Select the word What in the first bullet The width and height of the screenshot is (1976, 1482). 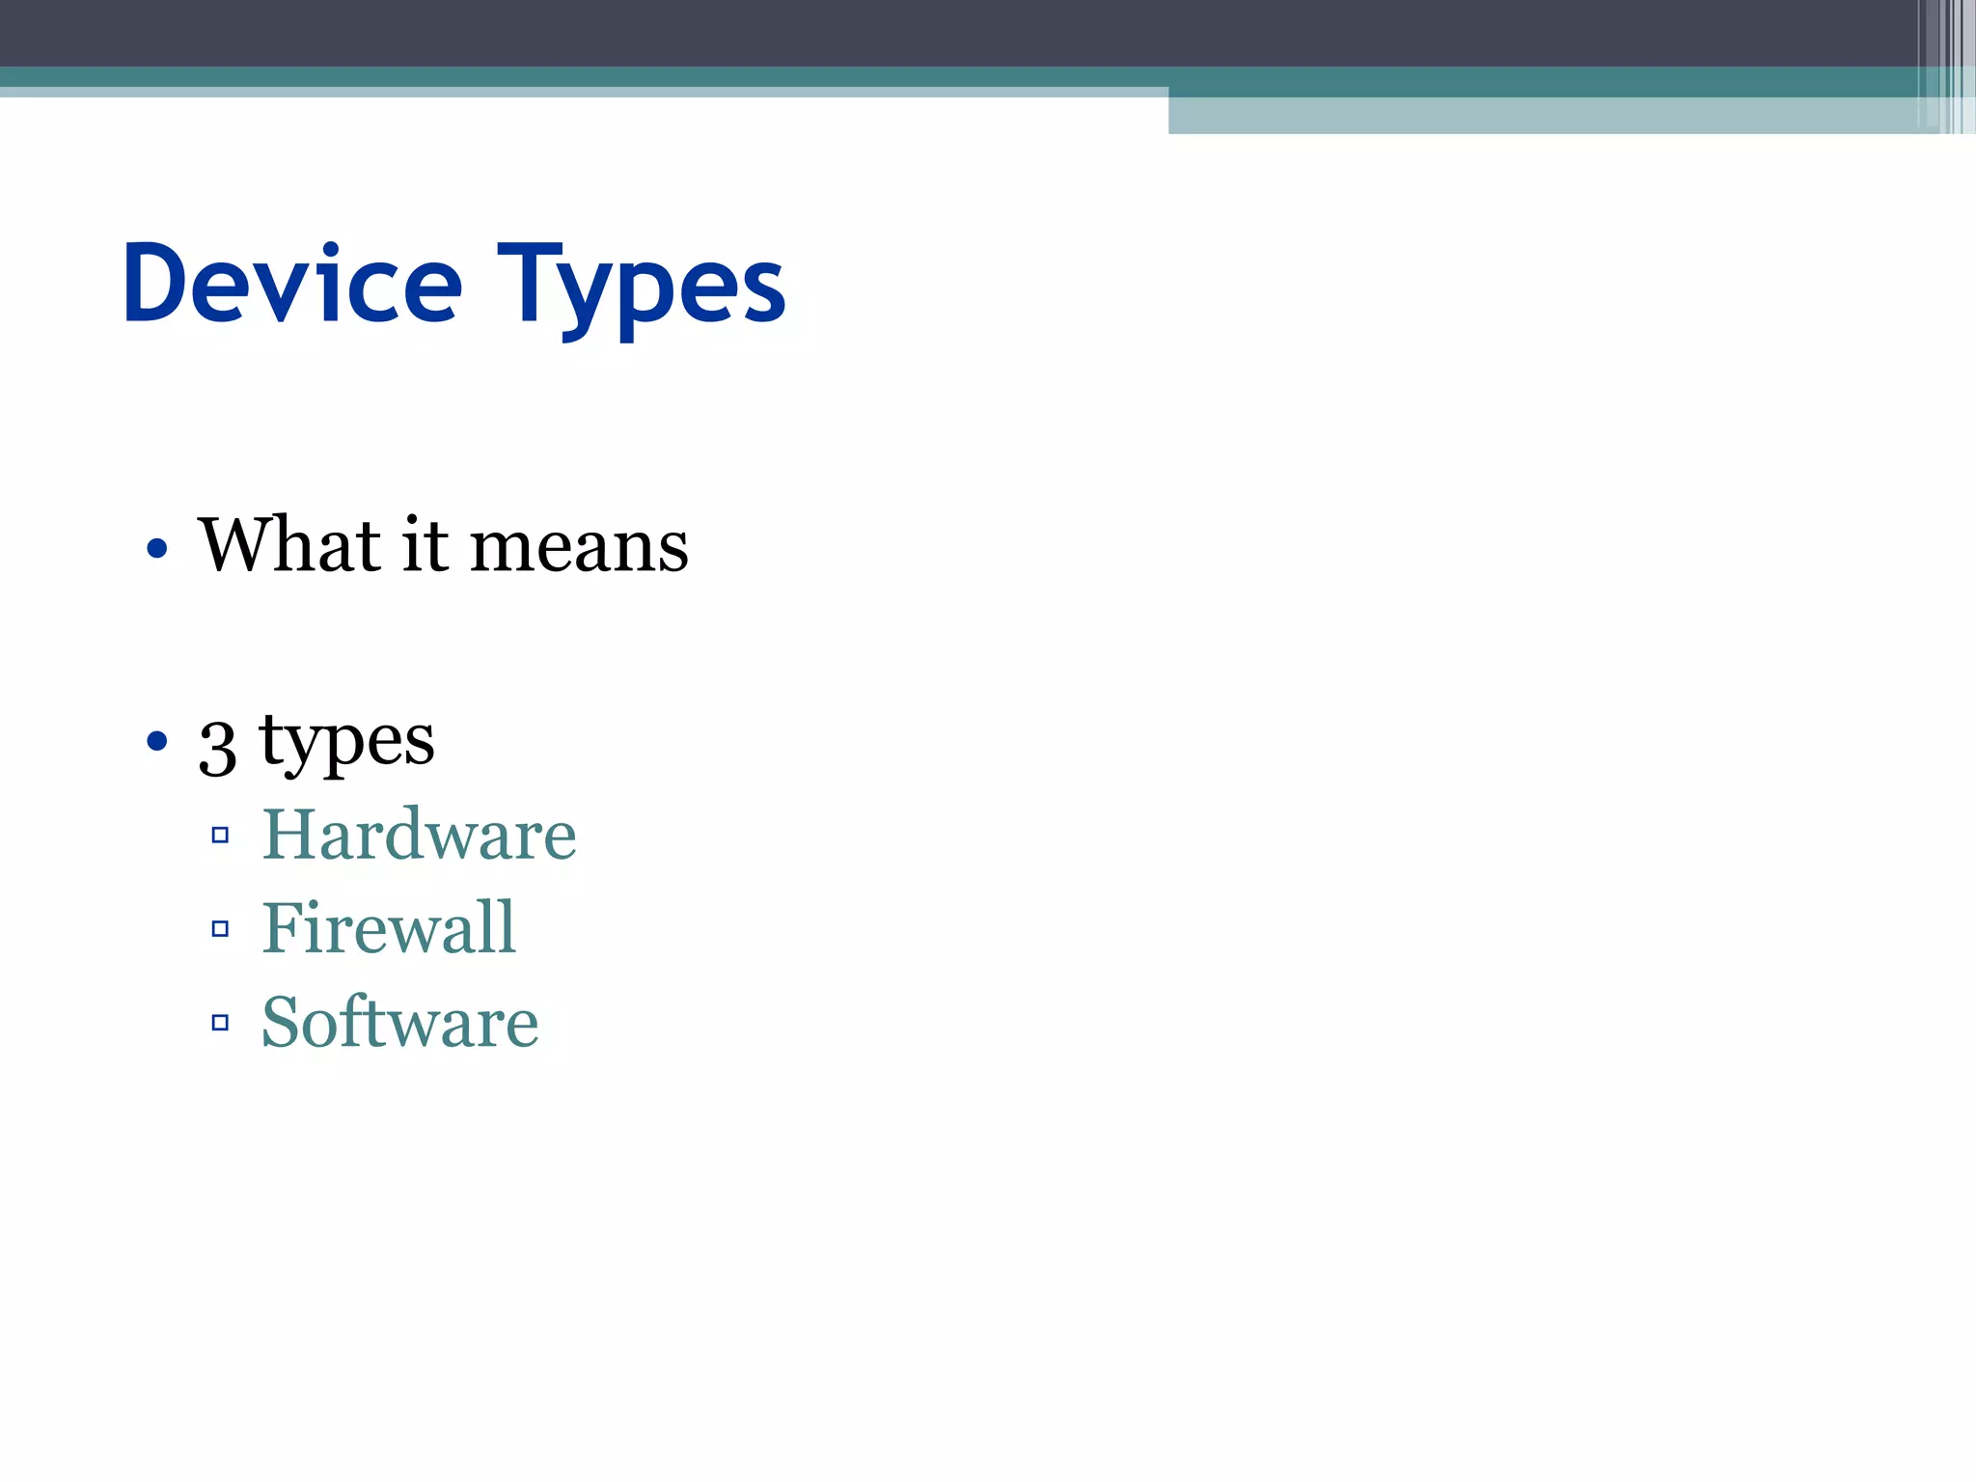pyautogui.click(x=288, y=545)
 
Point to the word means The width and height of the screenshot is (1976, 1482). pyautogui.click(x=580, y=548)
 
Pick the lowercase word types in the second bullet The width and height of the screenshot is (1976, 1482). pyautogui.click(x=346, y=743)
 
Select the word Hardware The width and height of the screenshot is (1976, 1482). pyautogui.click(x=420, y=835)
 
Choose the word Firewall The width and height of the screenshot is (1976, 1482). pyautogui.click(x=389, y=928)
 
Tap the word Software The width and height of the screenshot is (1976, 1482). pyautogui.click(x=399, y=1022)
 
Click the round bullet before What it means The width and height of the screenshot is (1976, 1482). pyautogui.click(x=157, y=549)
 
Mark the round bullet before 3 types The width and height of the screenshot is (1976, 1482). pyautogui.click(x=157, y=742)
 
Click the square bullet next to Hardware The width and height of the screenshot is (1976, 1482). pyautogui.click(x=220, y=836)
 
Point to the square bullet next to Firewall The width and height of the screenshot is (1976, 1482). pyautogui.click(x=220, y=929)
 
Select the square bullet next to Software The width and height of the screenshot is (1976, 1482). pyautogui.click(x=220, y=1023)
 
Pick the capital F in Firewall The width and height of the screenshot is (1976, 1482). pyautogui.click(x=281, y=928)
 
